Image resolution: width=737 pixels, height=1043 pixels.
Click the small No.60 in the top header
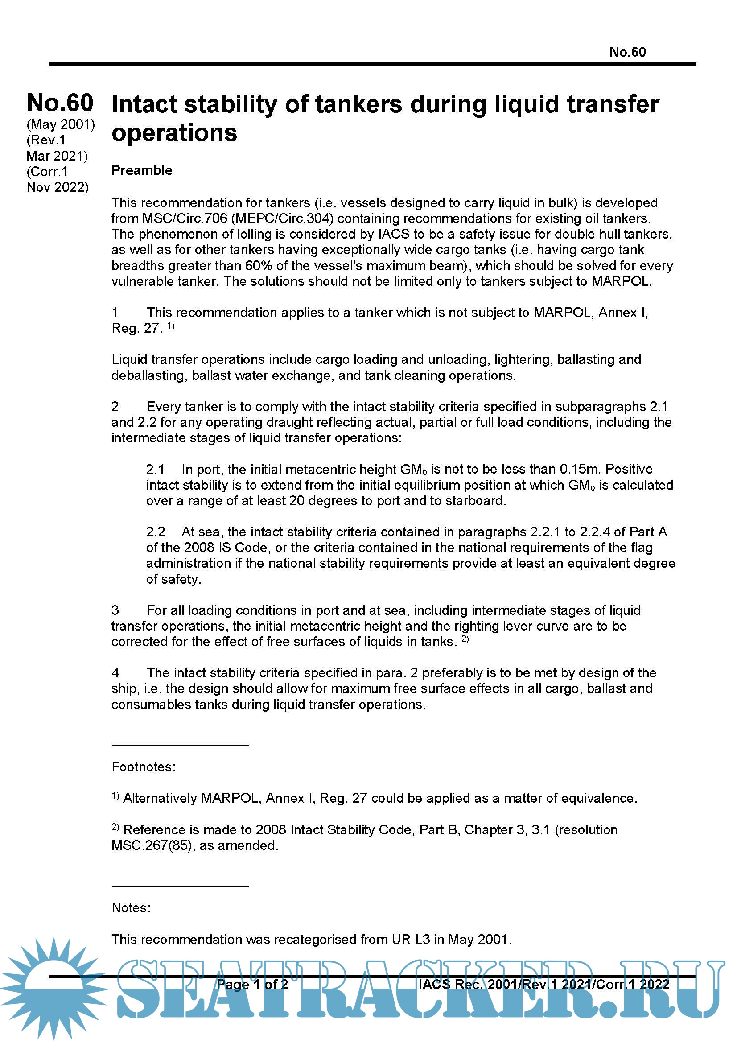point(627,52)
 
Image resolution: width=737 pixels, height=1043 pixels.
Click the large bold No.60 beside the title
point(60,103)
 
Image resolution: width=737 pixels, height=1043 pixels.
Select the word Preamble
point(142,170)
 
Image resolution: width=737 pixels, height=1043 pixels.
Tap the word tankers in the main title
point(358,104)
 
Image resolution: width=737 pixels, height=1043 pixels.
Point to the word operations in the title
point(174,133)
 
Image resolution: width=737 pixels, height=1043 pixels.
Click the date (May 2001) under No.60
point(60,124)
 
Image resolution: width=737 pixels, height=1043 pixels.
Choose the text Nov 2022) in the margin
point(58,187)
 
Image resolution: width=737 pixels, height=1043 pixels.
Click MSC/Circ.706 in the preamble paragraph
point(185,218)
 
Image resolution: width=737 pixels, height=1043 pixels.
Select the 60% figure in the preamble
point(259,266)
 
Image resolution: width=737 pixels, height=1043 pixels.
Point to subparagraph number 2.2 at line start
point(155,532)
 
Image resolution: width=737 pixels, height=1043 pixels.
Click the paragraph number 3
point(115,610)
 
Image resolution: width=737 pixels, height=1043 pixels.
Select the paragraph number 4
point(115,673)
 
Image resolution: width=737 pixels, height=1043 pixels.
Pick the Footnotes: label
point(144,767)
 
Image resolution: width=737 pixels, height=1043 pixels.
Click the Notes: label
point(131,907)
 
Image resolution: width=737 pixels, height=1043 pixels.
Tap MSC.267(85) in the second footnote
point(152,845)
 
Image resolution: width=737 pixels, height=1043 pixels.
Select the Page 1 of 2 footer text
point(252,985)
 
